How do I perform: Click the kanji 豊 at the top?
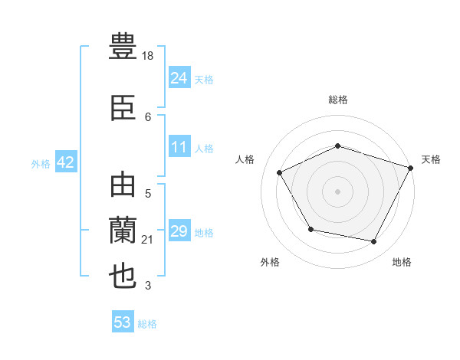click(x=123, y=45)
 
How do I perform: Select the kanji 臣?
click(x=123, y=109)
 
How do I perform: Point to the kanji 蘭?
click(x=123, y=231)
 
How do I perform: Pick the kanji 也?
click(x=123, y=276)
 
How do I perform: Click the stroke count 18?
click(x=148, y=57)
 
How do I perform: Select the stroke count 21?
click(x=148, y=240)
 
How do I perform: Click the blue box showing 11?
click(x=179, y=147)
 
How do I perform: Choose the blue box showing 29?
click(x=179, y=231)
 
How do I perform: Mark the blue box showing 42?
click(x=64, y=162)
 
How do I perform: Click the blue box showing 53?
click(x=122, y=322)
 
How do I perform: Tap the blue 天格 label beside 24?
click(x=203, y=79)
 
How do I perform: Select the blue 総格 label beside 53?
click(x=147, y=324)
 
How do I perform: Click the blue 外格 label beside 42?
click(x=40, y=164)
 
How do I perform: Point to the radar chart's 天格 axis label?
click(x=431, y=159)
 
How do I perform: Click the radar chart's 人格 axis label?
click(x=245, y=159)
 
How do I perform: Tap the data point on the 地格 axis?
click(x=374, y=242)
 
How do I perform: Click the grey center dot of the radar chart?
click(x=337, y=191)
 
